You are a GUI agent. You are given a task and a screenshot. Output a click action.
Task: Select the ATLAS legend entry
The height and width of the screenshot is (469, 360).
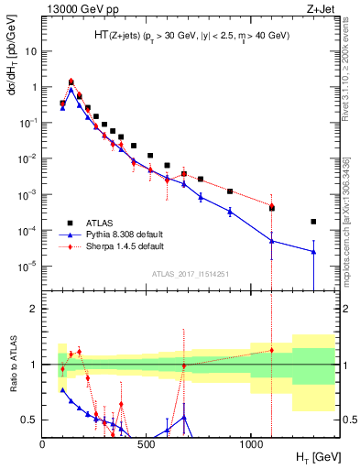tap(102, 223)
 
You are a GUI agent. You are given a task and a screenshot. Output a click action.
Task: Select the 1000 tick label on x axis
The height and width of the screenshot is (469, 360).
tap(250, 442)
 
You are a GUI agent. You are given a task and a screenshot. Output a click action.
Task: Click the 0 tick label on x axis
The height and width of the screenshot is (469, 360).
tap(43, 442)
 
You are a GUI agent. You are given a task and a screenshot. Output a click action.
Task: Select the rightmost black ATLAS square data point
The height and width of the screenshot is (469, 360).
tap(313, 222)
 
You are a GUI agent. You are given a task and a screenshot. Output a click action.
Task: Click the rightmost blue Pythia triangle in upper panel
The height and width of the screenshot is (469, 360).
tap(313, 252)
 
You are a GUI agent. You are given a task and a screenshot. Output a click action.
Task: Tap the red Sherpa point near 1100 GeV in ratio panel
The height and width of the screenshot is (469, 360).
tap(271, 350)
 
